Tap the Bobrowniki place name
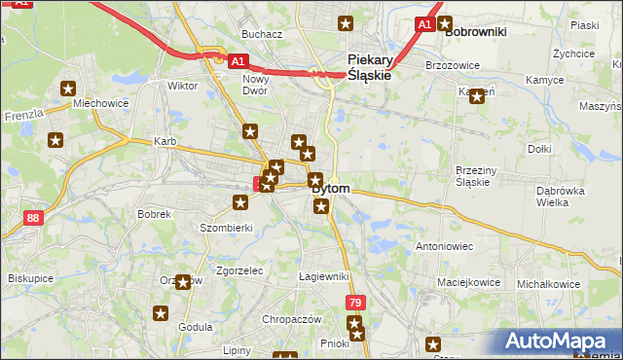[476, 31]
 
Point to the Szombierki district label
[227, 227]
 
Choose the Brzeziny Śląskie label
[477, 176]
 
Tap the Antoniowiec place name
[444, 246]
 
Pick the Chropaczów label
[291, 319]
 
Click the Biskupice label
[30, 277]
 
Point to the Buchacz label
[262, 34]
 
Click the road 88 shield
[33, 218]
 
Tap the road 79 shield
[355, 304]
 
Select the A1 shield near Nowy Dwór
[238, 61]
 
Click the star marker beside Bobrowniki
[445, 24]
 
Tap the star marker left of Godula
[161, 313]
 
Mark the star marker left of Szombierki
[240, 202]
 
